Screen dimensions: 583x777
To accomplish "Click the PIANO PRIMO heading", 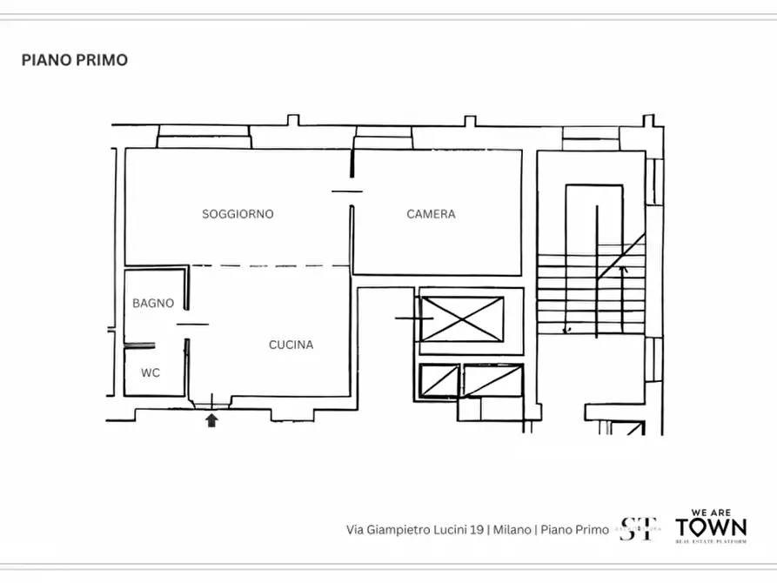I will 75,60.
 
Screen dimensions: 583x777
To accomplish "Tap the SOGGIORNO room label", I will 238,214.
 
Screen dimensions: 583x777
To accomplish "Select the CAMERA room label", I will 431,214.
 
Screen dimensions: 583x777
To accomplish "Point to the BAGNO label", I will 153,304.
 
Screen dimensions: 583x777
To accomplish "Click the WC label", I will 151,372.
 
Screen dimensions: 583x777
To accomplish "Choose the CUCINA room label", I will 291,345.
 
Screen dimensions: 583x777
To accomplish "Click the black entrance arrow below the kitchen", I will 211,421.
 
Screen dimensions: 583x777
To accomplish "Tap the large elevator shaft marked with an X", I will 462,319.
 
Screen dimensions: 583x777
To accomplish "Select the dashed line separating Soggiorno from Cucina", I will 270,265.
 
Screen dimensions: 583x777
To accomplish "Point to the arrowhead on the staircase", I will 622,271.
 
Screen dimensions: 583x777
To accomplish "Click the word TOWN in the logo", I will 711,527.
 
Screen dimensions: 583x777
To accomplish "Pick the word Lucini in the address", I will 442,529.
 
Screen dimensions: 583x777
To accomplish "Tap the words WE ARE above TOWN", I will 711,513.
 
